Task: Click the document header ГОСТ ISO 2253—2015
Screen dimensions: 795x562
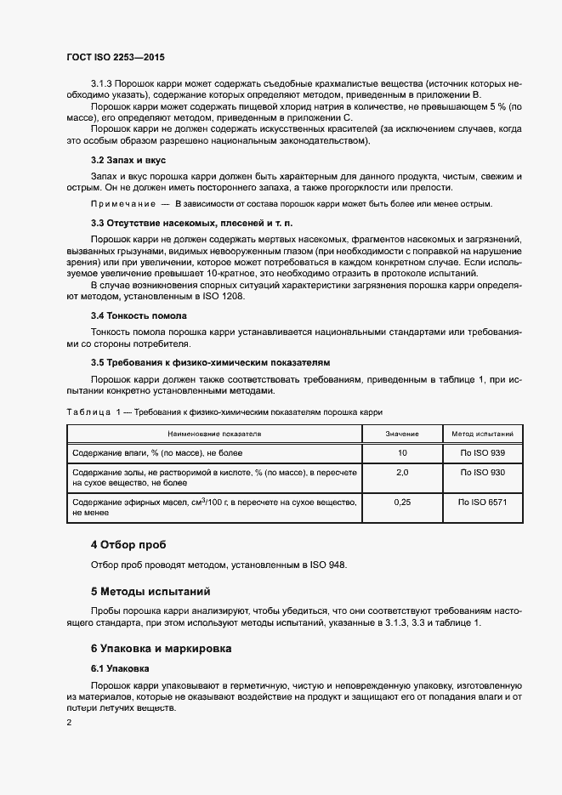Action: [x=116, y=57]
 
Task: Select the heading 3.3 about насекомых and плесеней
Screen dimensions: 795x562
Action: [x=192, y=223]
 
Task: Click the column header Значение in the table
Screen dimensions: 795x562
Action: [x=402, y=434]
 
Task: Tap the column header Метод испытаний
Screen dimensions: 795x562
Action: [x=482, y=434]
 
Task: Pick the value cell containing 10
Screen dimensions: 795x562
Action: [x=402, y=452]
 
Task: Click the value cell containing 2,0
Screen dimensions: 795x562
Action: [x=402, y=471]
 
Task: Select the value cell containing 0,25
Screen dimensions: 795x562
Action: [x=402, y=503]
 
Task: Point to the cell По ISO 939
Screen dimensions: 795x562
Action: [x=482, y=452]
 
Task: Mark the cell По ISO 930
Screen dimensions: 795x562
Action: [x=482, y=471]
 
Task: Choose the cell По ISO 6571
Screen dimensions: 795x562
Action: [x=482, y=503]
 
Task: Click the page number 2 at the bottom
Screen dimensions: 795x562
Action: [x=70, y=723]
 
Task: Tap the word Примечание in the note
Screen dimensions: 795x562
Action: [x=122, y=205]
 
